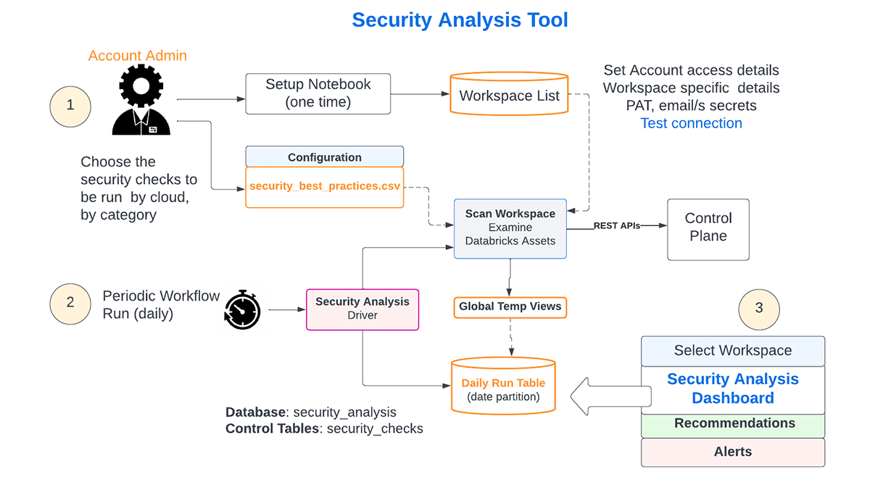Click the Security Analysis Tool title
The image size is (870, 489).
(x=460, y=20)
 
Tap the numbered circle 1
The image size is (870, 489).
(x=70, y=105)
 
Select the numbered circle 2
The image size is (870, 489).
(x=70, y=302)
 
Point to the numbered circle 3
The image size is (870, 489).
(x=759, y=308)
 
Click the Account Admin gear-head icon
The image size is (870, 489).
(x=141, y=102)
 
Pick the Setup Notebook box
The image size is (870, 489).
(x=318, y=93)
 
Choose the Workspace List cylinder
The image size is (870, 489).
(x=509, y=95)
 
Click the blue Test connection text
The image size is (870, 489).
(x=691, y=123)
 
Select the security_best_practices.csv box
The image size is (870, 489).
(x=324, y=187)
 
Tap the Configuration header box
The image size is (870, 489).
(x=324, y=157)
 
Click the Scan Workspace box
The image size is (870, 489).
(x=510, y=228)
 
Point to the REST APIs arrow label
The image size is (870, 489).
(x=617, y=225)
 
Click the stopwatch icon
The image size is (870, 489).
(x=242, y=310)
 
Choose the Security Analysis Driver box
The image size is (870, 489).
(x=362, y=309)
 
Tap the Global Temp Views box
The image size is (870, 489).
(x=510, y=306)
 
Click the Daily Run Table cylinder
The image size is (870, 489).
(x=503, y=388)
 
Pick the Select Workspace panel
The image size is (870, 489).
(x=733, y=351)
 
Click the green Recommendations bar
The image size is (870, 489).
(x=733, y=424)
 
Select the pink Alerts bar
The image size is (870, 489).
(x=733, y=452)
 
